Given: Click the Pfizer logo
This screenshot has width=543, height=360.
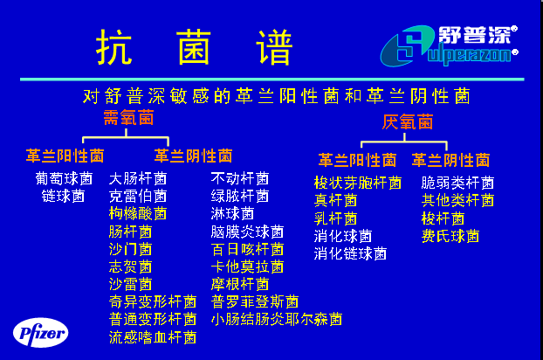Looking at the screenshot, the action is tap(40, 333).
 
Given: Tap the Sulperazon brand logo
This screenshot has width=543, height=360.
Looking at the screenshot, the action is tap(449, 45).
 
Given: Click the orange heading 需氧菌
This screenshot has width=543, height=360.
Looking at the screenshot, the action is tap(128, 117).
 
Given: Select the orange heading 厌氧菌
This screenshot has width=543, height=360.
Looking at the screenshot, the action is tap(407, 121).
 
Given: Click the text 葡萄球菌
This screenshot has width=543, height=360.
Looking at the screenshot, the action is tap(64, 179).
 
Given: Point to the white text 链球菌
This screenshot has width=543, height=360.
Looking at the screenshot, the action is tap(64, 196).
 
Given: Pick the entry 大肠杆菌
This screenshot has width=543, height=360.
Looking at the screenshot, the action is tap(138, 179).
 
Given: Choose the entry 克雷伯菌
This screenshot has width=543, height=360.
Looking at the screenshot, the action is tap(138, 196).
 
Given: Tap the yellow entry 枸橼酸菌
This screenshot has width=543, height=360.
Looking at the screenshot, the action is tap(138, 213).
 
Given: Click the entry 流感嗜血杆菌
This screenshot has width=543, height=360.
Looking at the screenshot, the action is tap(153, 337).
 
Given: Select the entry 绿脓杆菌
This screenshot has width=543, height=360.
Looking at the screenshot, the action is tap(240, 196).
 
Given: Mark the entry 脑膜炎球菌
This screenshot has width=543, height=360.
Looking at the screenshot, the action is tap(247, 232).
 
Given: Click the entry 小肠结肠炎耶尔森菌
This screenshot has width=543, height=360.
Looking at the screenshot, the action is tap(277, 319).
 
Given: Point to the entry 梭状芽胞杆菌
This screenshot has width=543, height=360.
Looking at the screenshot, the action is tap(358, 183).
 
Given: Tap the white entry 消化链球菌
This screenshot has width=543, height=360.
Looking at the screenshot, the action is tap(350, 253).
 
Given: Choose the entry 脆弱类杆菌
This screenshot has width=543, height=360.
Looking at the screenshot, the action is tap(457, 183).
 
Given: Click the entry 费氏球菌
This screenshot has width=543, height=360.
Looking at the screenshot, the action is tap(450, 236).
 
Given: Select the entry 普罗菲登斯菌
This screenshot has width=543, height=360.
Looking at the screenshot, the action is tap(255, 301).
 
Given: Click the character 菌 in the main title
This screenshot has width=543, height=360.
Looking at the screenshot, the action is tap(194, 47).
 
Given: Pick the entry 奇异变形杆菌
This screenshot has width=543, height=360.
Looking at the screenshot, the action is tap(153, 301).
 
